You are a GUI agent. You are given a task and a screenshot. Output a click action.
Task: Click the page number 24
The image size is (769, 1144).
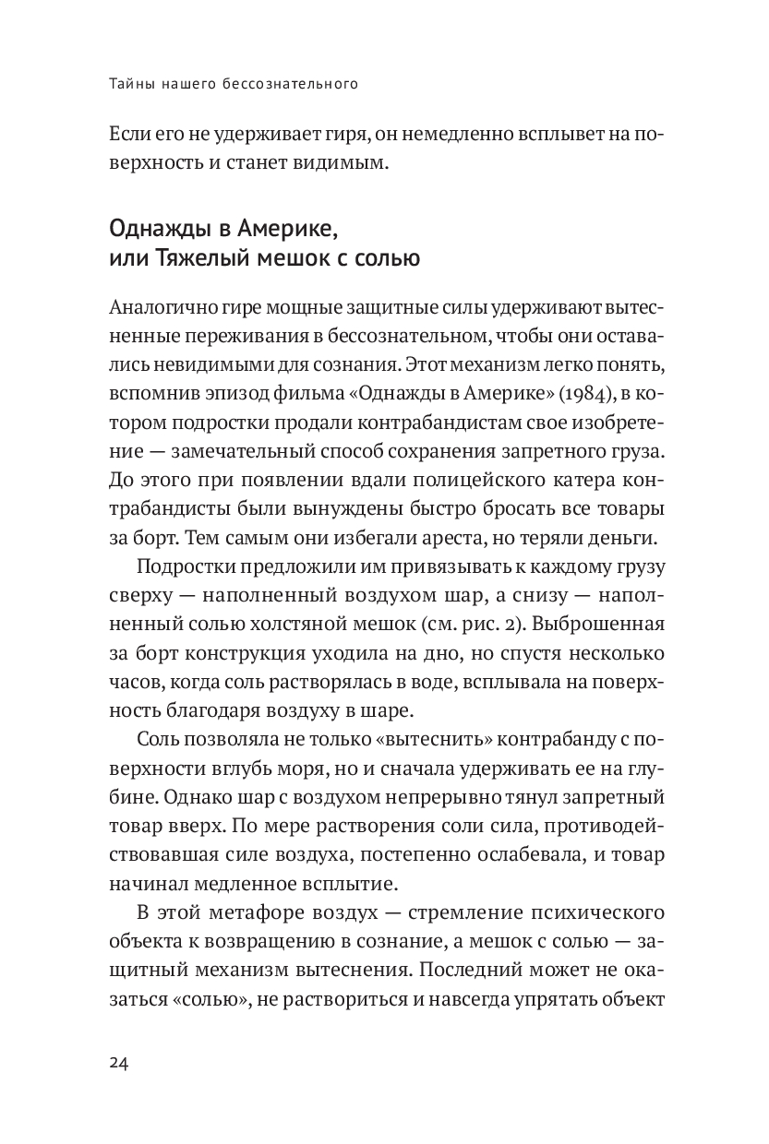[118, 1064]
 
